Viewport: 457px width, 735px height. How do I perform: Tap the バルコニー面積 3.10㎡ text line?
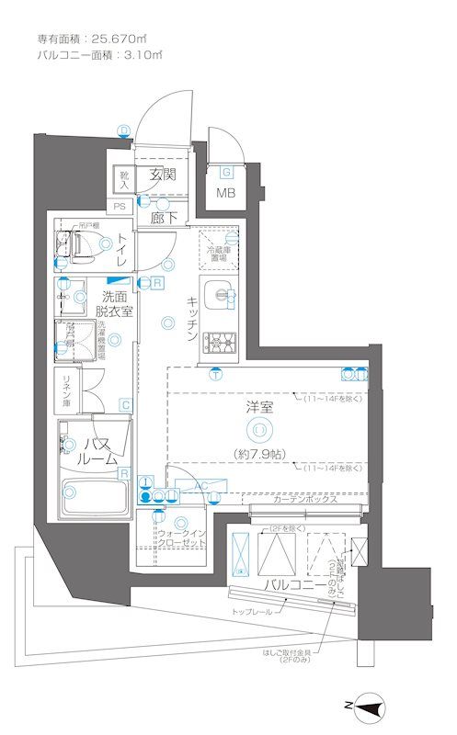99,56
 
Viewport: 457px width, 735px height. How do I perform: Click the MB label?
225,193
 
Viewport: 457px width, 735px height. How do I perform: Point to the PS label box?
120,207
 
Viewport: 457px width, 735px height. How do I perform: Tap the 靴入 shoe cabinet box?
122,180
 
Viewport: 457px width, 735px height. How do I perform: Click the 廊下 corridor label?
165,218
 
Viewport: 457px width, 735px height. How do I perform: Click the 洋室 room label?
260,407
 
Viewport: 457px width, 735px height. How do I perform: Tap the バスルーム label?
97,450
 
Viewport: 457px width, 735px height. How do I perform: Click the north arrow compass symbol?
368,706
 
